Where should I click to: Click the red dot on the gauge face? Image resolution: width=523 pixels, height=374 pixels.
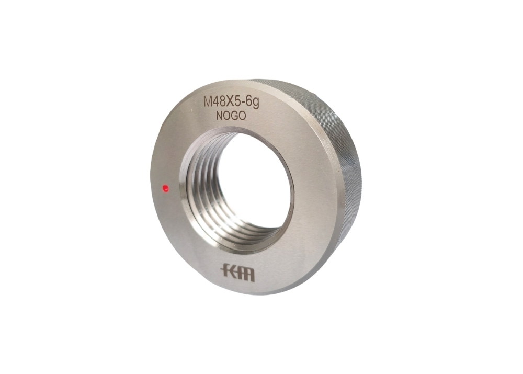[165, 188]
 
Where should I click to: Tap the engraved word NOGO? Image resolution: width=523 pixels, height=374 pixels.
[231, 116]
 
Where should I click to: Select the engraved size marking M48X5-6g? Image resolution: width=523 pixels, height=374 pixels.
[231, 101]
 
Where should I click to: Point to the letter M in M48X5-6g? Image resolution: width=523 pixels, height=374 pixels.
[208, 102]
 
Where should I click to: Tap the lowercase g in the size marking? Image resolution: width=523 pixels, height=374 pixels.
[256, 103]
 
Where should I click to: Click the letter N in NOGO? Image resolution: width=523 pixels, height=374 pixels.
[219, 116]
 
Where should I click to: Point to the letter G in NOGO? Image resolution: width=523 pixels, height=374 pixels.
[234, 116]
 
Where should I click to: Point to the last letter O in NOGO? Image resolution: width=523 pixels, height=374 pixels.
[242, 116]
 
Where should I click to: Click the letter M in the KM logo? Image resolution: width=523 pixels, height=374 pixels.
[244, 273]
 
